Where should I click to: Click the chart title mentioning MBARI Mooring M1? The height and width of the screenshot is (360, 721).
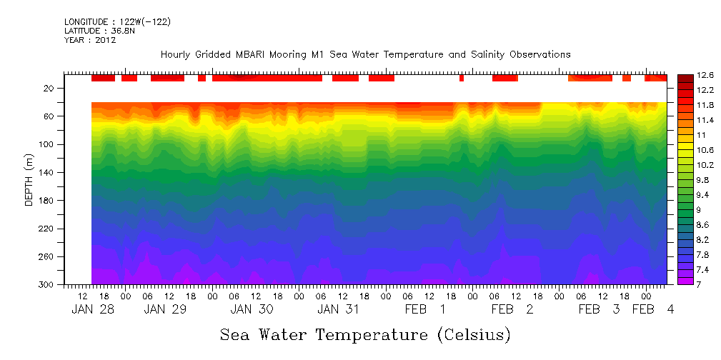click(x=365, y=54)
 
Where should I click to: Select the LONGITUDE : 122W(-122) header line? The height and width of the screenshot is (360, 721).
click(x=117, y=22)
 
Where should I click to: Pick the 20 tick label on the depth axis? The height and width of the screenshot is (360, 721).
click(x=50, y=89)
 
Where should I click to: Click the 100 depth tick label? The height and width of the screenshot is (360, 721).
click(x=48, y=144)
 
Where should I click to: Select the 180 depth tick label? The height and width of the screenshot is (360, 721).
click(x=48, y=201)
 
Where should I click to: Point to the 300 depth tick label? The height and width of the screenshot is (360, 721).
click(x=48, y=285)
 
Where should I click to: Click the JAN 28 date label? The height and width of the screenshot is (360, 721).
click(x=93, y=309)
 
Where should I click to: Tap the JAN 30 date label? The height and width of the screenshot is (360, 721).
click(x=252, y=309)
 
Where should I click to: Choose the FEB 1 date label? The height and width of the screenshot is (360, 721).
click(x=425, y=309)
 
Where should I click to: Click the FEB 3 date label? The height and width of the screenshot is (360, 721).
click(x=599, y=309)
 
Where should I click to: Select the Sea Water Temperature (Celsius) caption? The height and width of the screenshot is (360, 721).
click(x=365, y=334)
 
